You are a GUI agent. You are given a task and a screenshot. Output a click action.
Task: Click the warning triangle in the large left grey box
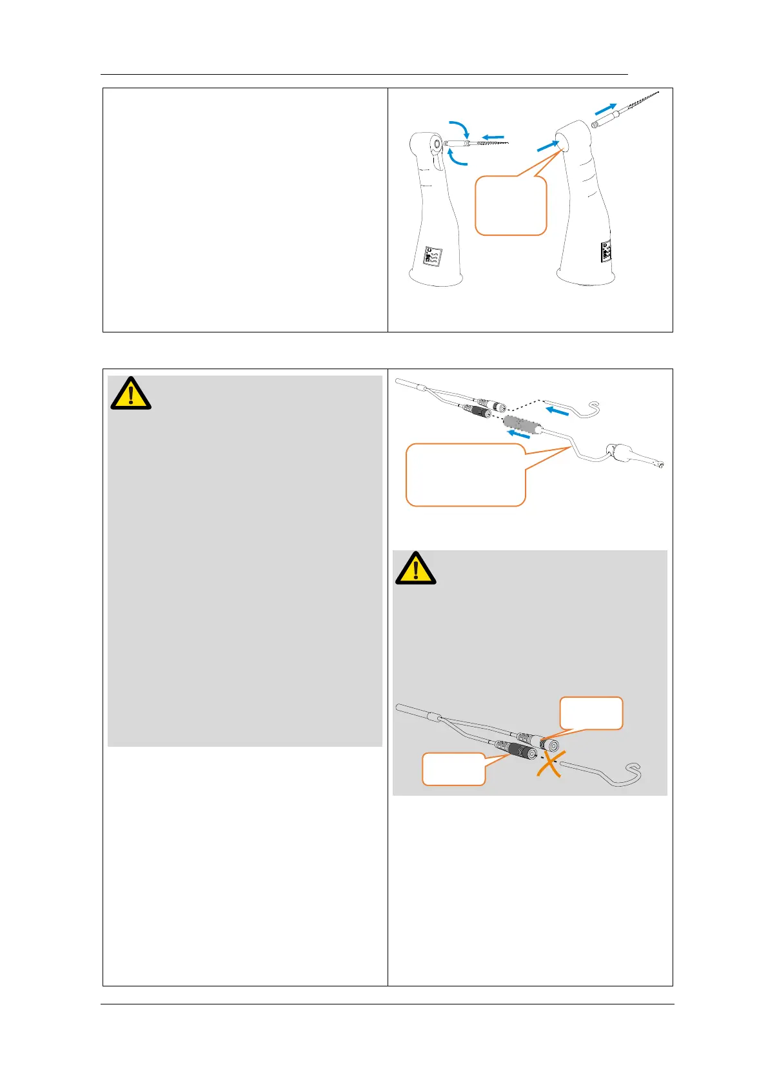coord(131,394)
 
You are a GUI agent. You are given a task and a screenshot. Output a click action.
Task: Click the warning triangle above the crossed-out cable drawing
coord(416,568)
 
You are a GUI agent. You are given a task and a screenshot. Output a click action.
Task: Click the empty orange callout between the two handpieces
coord(511,206)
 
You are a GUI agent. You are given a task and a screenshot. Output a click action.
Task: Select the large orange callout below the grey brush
coord(466,475)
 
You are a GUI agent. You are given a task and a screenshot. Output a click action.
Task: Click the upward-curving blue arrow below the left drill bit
coord(457,157)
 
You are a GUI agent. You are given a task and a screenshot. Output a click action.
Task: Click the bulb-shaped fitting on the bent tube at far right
coord(622,452)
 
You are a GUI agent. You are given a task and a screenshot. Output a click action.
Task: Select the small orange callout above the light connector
coord(591,713)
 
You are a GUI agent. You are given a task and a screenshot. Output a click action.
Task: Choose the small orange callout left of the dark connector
coord(453,769)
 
